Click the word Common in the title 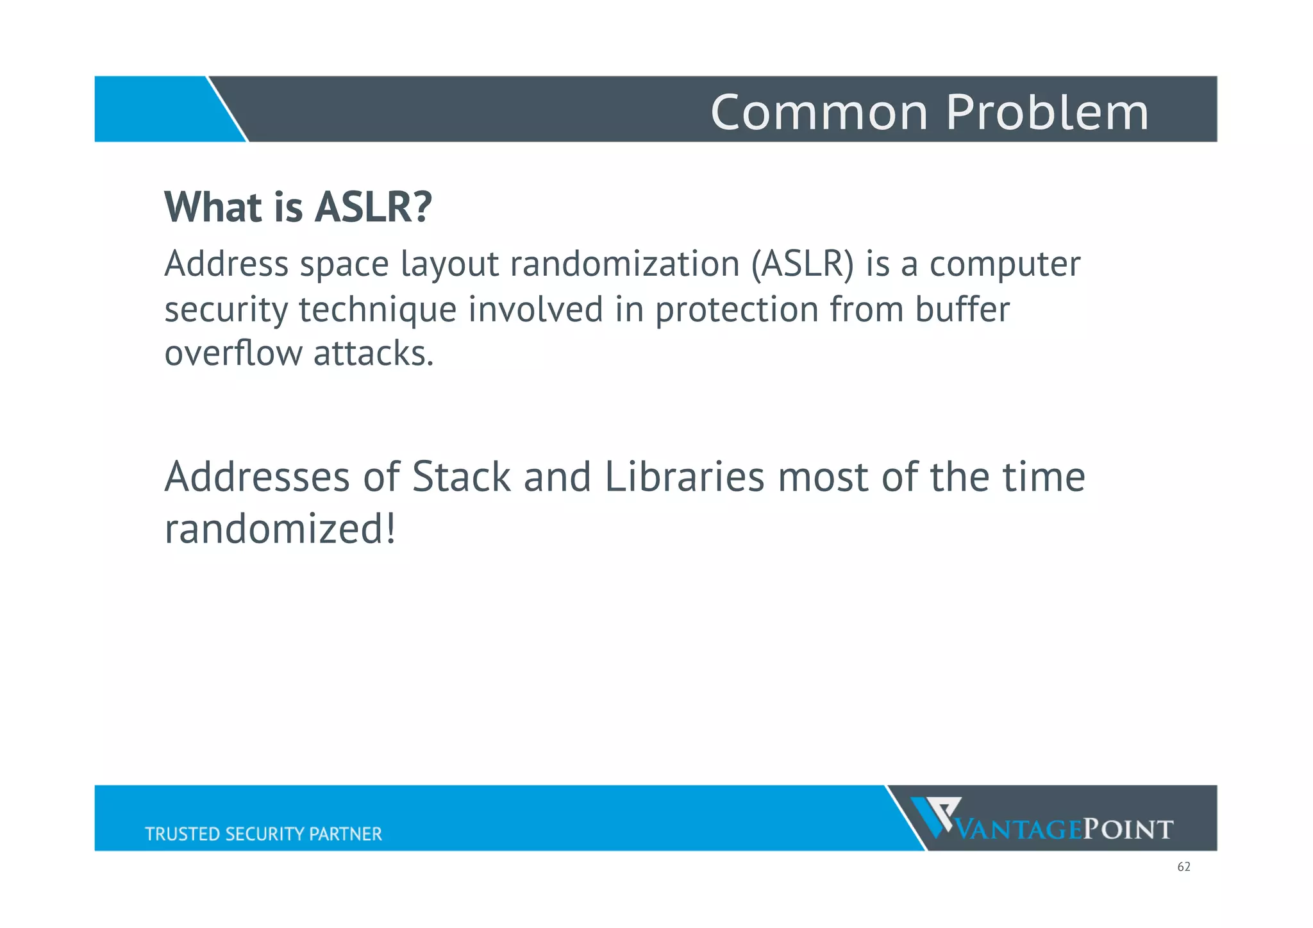click(x=819, y=112)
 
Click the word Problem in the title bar click(x=1047, y=112)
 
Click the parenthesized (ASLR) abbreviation click(x=803, y=264)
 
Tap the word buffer click(x=962, y=308)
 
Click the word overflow click(x=232, y=353)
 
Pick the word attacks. click(x=374, y=353)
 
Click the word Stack click(x=461, y=477)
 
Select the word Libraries click(x=684, y=477)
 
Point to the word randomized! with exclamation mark click(x=280, y=530)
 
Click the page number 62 click(x=1183, y=867)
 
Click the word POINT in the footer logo click(x=1128, y=830)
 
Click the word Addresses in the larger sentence click(x=256, y=477)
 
